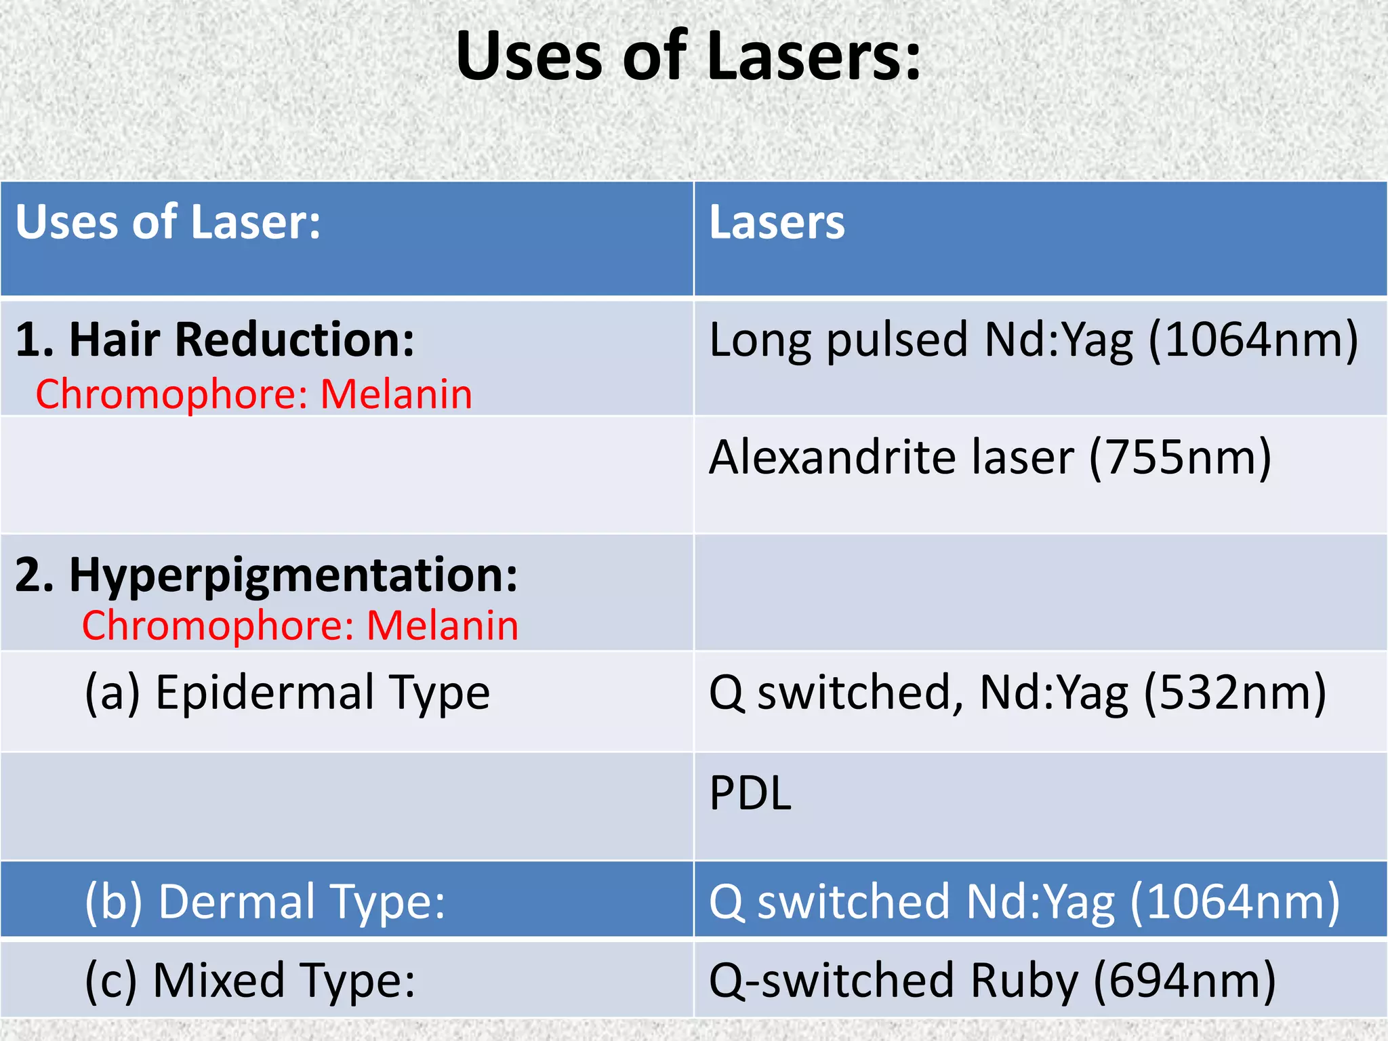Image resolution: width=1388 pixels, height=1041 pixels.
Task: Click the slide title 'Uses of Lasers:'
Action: pyautogui.click(x=689, y=57)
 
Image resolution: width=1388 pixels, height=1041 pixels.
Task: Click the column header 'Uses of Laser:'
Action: pyautogui.click(x=168, y=222)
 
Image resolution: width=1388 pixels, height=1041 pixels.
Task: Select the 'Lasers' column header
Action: pyautogui.click(x=777, y=222)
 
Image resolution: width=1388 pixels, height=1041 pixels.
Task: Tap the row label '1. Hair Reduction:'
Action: pyautogui.click(x=215, y=339)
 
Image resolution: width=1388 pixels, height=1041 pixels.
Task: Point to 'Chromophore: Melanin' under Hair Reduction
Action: pyautogui.click(x=254, y=394)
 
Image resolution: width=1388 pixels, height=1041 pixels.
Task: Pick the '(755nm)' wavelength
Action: pyautogui.click(x=1180, y=457)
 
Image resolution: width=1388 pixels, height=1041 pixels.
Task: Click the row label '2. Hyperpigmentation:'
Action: pyautogui.click(x=266, y=575)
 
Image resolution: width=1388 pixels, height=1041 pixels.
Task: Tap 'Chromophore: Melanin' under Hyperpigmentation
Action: pyautogui.click(x=300, y=626)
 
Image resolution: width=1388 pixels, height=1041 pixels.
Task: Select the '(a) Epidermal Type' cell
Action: pyautogui.click(x=287, y=693)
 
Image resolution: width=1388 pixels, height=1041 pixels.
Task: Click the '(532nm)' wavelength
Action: pyautogui.click(x=1235, y=693)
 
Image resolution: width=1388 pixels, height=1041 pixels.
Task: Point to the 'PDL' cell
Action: pyautogui.click(x=750, y=794)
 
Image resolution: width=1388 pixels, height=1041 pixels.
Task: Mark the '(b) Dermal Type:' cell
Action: pyautogui.click(x=265, y=902)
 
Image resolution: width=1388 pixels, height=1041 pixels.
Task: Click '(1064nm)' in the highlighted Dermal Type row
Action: pyautogui.click(x=1235, y=902)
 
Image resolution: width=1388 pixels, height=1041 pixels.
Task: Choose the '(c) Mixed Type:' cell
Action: pyautogui.click(x=250, y=981)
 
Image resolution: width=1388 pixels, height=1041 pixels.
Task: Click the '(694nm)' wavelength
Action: pyautogui.click(x=1185, y=981)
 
